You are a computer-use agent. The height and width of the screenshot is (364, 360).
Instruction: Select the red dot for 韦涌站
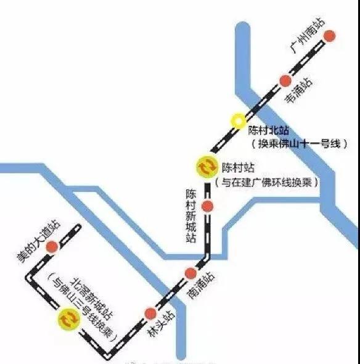(285, 81)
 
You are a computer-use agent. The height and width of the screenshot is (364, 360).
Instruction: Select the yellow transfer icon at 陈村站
(205, 167)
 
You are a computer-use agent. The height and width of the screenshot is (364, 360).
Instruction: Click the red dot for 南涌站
(190, 273)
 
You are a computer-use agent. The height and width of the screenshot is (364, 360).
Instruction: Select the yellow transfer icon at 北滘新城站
(67, 320)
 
